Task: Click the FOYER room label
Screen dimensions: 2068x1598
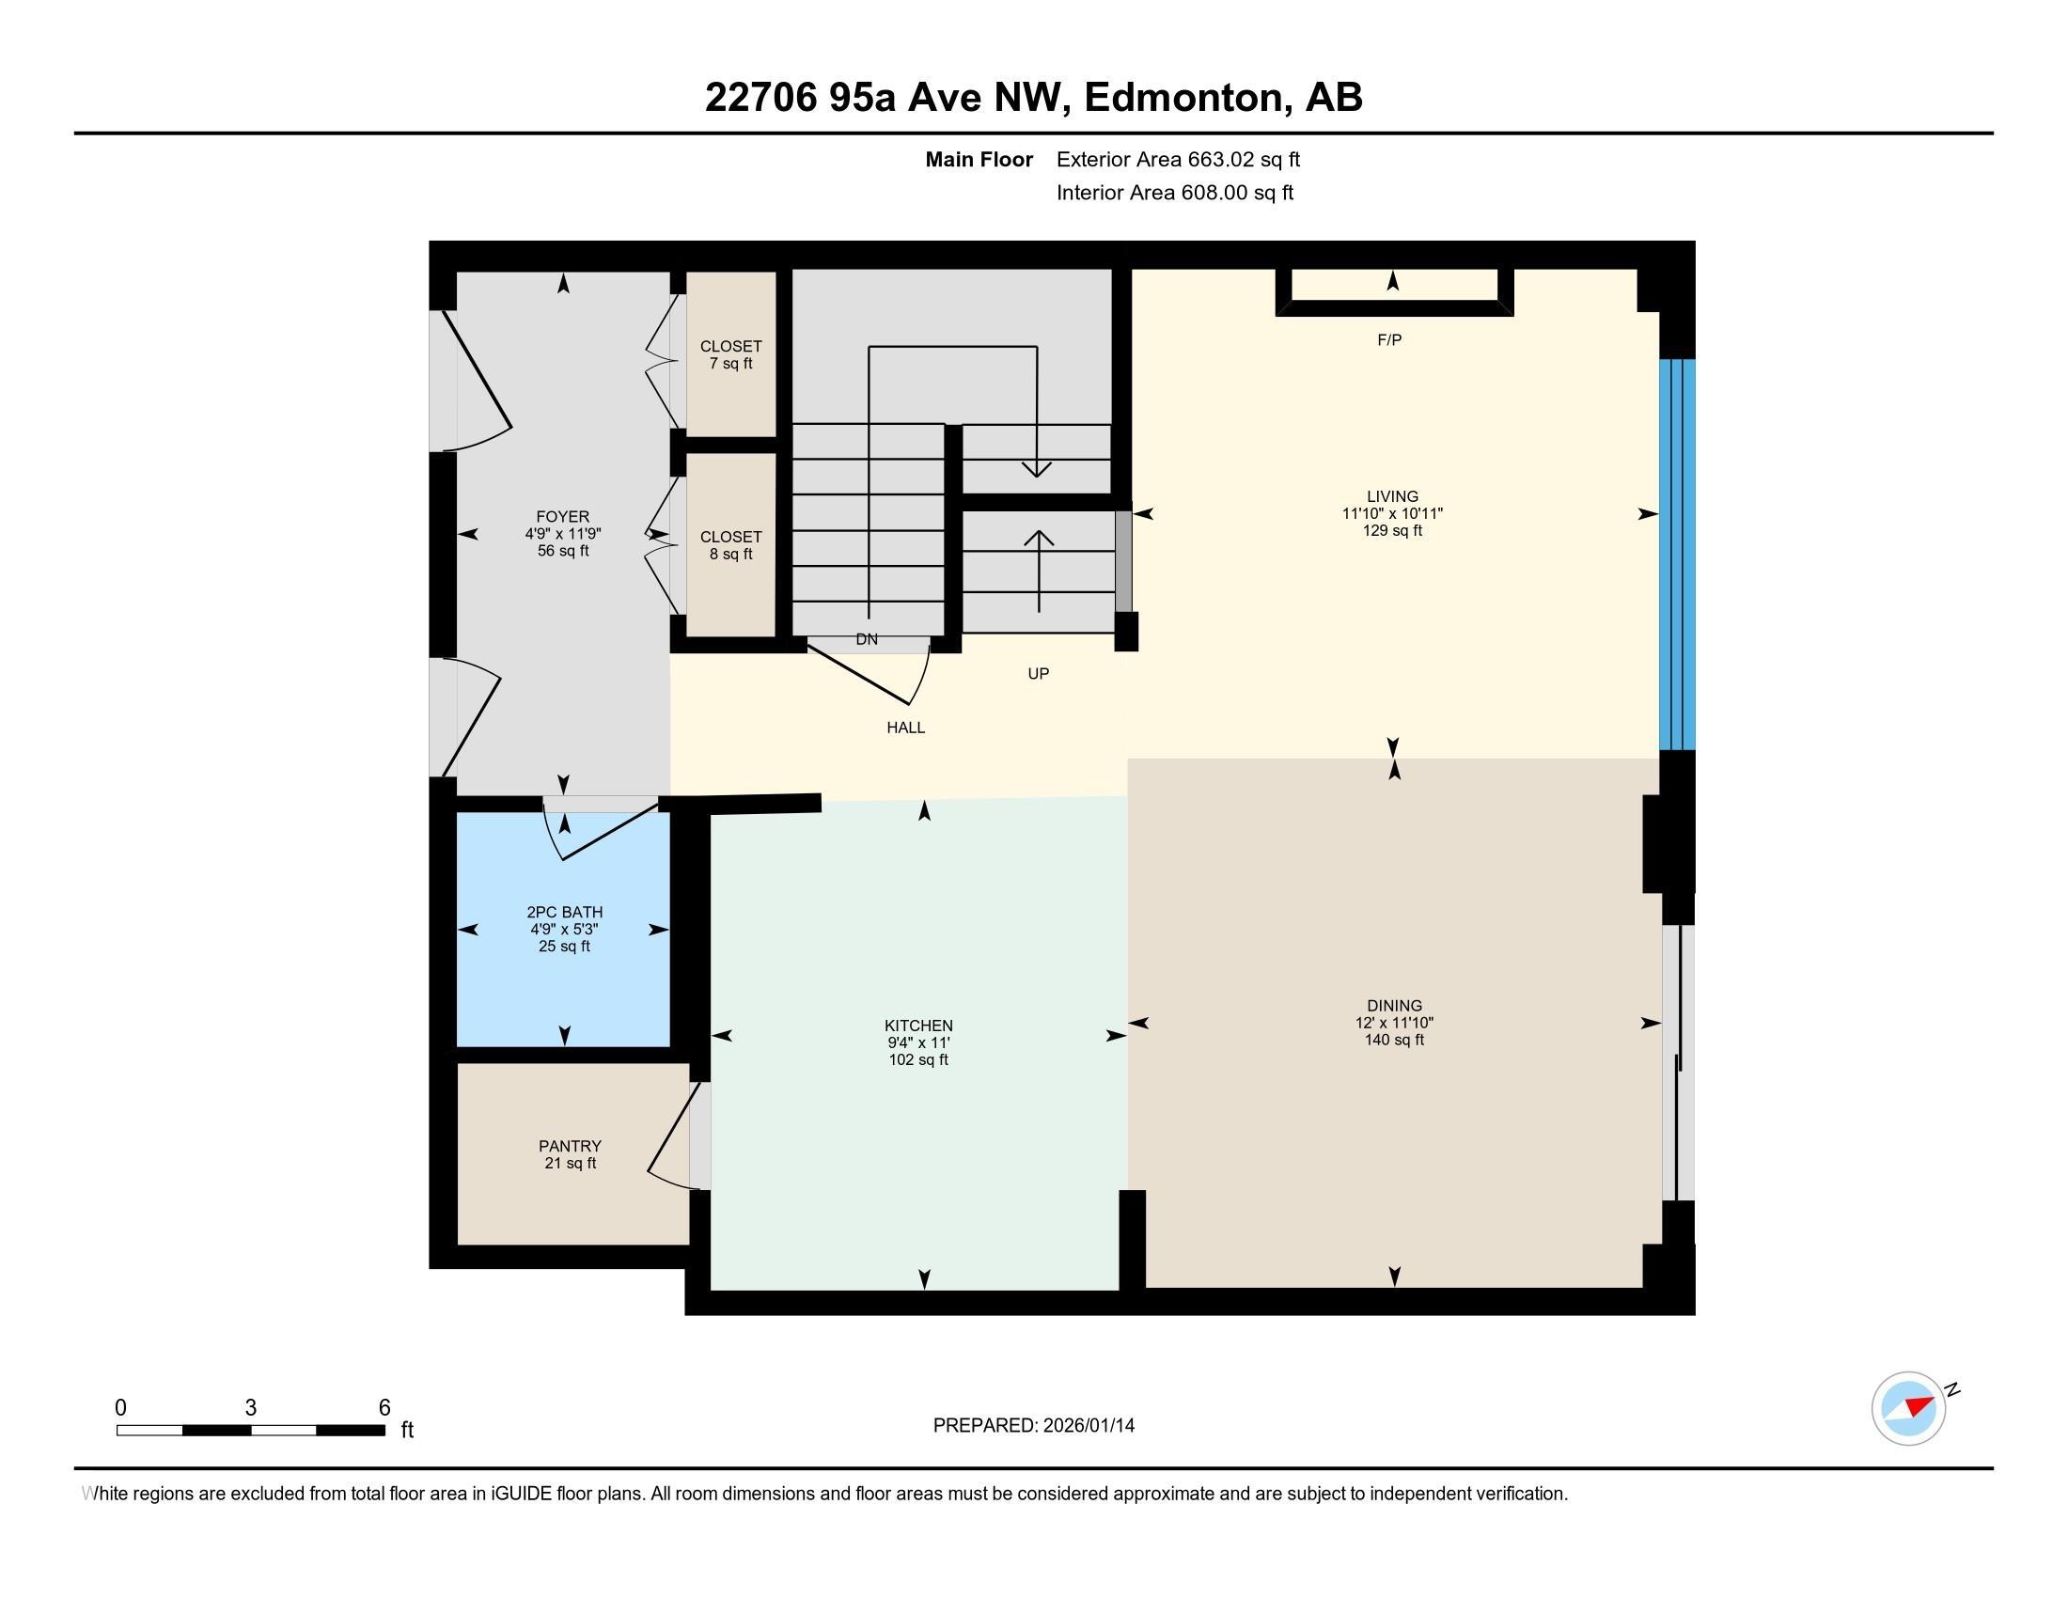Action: (562, 517)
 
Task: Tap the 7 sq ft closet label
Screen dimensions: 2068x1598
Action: (731, 355)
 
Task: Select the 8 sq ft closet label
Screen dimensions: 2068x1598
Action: (731, 545)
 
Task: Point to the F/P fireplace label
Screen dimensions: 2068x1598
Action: (1389, 340)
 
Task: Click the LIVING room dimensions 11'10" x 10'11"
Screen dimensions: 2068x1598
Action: (1392, 513)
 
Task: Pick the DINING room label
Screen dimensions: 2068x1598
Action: (1394, 1006)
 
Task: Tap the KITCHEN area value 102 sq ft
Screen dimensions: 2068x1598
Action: (917, 1059)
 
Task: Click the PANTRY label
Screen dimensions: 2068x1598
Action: (570, 1146)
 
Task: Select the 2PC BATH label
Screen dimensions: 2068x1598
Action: (564, 912)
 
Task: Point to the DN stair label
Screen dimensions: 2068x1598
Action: (867, 639)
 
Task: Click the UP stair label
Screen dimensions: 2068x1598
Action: (1038, 674)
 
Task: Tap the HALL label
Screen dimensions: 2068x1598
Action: (905, 727)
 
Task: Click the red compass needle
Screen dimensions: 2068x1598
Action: (1919, 1405)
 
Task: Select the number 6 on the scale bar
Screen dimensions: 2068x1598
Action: (384, 1408)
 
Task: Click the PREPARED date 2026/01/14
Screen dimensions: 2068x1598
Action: (1087, 1426)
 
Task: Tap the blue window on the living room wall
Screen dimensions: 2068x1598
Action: (1677, 554)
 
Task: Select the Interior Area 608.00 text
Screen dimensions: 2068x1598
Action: (1174, 193)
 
